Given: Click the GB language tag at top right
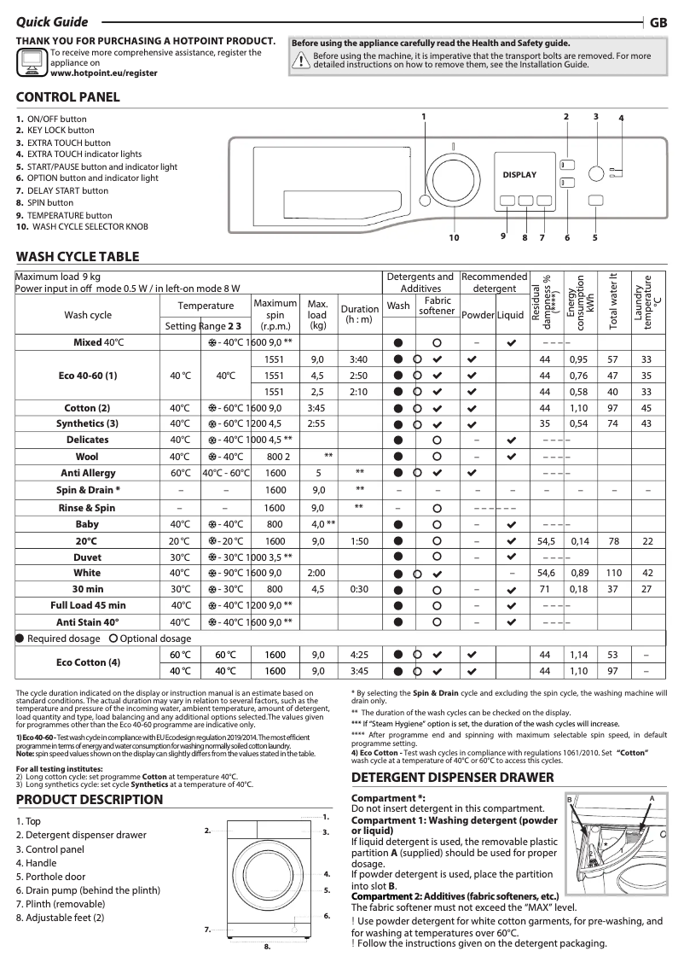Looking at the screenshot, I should [658, 24].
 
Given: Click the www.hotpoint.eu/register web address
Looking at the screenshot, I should [104, 74].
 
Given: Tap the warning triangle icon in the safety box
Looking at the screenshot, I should [300, 60].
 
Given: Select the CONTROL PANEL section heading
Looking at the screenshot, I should [68, 97].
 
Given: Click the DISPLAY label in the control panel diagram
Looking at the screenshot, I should [519, 175].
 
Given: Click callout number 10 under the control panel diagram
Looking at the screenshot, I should [454, 238].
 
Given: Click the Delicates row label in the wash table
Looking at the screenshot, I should [88, 440].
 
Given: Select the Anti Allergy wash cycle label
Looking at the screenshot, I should [88, 473].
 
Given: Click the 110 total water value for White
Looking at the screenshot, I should [612, 573].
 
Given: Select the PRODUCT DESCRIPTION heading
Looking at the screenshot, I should [90, 800].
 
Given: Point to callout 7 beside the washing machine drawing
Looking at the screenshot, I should [207, 929].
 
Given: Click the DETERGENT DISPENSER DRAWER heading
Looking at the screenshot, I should [453, 778].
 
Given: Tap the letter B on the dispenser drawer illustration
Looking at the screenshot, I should [569, 798].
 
